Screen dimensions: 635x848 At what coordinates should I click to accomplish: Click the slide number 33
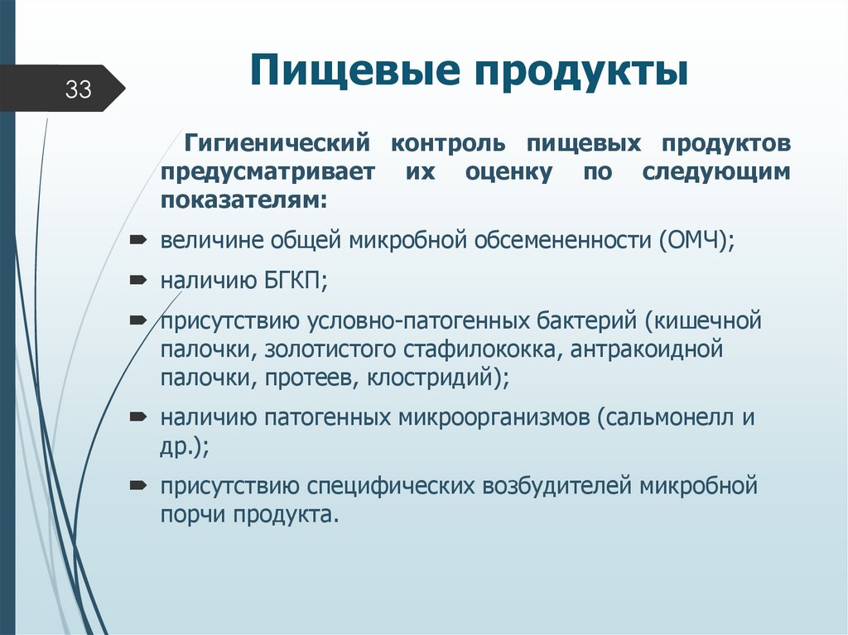pos(78,89)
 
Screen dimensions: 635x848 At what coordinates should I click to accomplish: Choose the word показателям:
pos(244,200)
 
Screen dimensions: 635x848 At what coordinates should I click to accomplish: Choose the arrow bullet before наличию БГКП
pos(138,280)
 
